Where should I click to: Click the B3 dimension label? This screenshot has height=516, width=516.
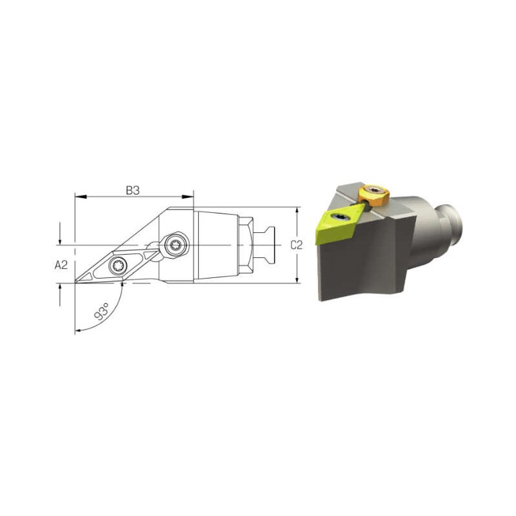(133, 190)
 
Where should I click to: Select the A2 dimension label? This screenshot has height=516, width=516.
(61, 264)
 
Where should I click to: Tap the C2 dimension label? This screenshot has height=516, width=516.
(297, 245)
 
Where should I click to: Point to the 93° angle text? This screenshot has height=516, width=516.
(102, 312)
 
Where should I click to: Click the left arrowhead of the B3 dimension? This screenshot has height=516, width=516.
(81, 197)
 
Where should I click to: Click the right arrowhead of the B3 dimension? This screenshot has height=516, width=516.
(188, 197)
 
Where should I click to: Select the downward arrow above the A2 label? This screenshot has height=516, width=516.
(60, 233)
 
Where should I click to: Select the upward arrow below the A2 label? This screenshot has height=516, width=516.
(60, 295)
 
